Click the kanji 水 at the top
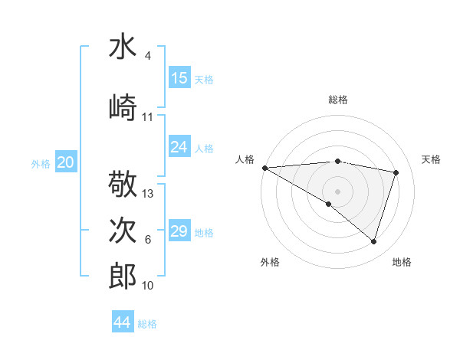tap(123, 48)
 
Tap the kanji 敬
tap(123, 185)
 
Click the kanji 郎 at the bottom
tap(123, 277)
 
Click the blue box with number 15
tap(179, 78)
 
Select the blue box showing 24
tap(179, 147)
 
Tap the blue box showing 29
tap(179, 231)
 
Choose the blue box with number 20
tap(66, 162)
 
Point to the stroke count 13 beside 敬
tap(148, 194)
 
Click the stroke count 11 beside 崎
tap(148, 117)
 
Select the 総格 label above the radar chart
tap(337, 100)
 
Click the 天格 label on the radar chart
tap(432, 159)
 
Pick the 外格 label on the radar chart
tap(270, 262)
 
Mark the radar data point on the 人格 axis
tap(264, 168)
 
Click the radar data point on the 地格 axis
tap(373, 241)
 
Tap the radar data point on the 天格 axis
tap(396, 172)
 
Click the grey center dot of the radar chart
tap(337, 191)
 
